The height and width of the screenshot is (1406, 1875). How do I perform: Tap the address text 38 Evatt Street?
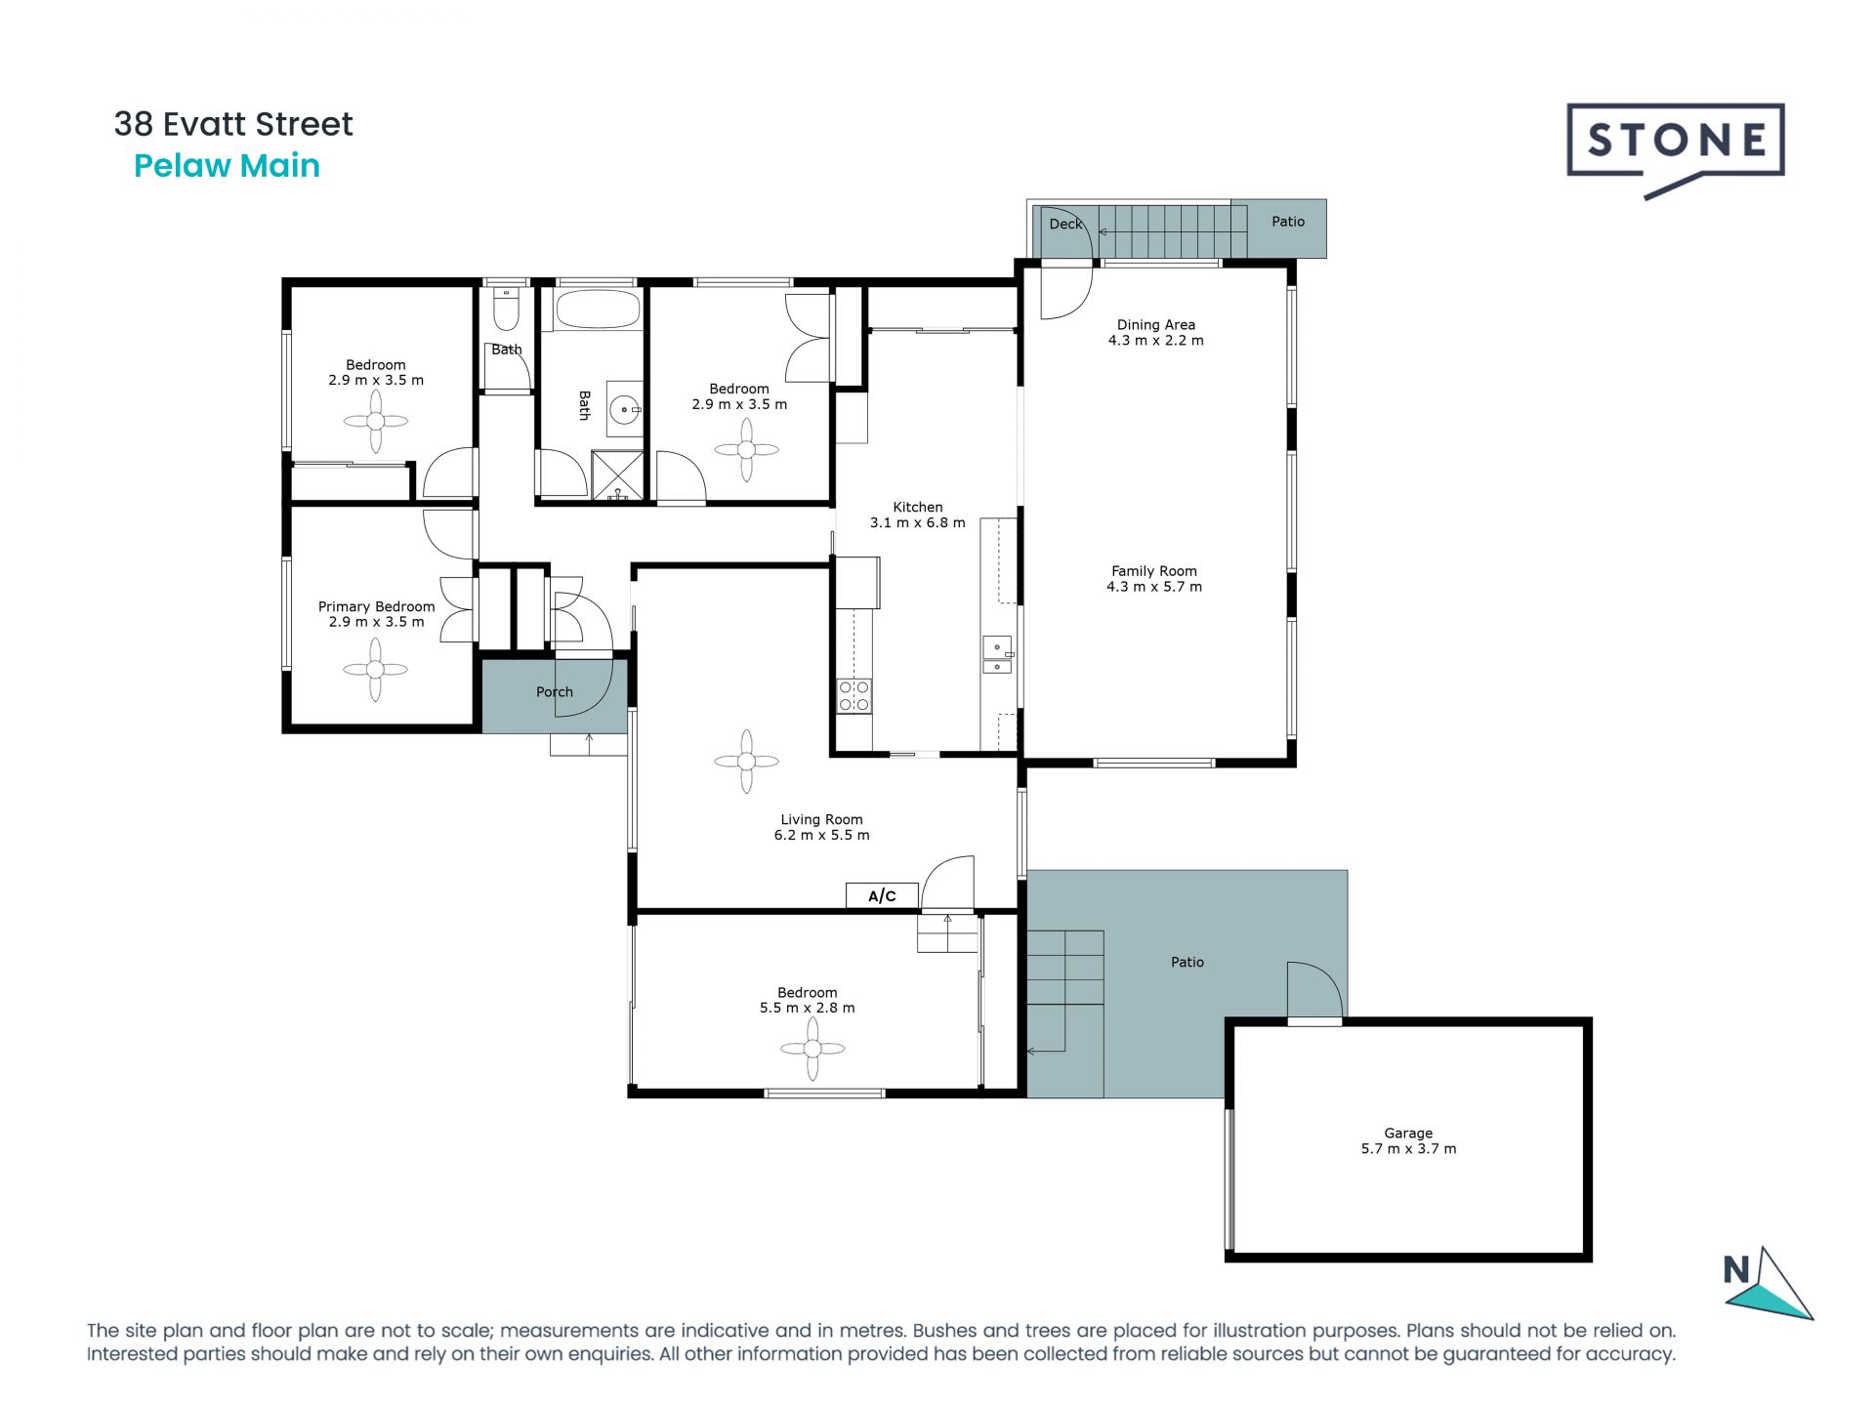click(233, 124)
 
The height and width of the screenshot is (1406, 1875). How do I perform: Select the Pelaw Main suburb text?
click(227, 166)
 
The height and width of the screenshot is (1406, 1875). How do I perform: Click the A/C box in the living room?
click(882, 895)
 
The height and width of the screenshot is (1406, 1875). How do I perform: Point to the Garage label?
click(1407, 1133)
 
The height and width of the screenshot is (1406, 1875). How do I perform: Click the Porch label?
click(554, 691)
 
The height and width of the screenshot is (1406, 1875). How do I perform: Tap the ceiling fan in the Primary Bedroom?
click(376, 670)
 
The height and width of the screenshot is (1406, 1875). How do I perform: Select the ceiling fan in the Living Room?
click(746, 762)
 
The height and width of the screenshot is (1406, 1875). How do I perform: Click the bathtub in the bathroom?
click(597, 311)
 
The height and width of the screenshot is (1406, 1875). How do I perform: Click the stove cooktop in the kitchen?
click(854, 696)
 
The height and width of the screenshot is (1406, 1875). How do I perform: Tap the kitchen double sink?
click(997, 655)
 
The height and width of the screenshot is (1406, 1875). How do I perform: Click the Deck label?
click(1064, 224)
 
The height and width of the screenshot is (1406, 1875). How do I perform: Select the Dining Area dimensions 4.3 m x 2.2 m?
click(1155, 341)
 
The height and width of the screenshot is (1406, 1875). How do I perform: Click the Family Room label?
click(1153, 570)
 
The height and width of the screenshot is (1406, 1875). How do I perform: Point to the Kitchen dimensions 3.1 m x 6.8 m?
click(917, 522)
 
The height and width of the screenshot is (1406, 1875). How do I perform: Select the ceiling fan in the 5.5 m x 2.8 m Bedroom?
click(812, 1050)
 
